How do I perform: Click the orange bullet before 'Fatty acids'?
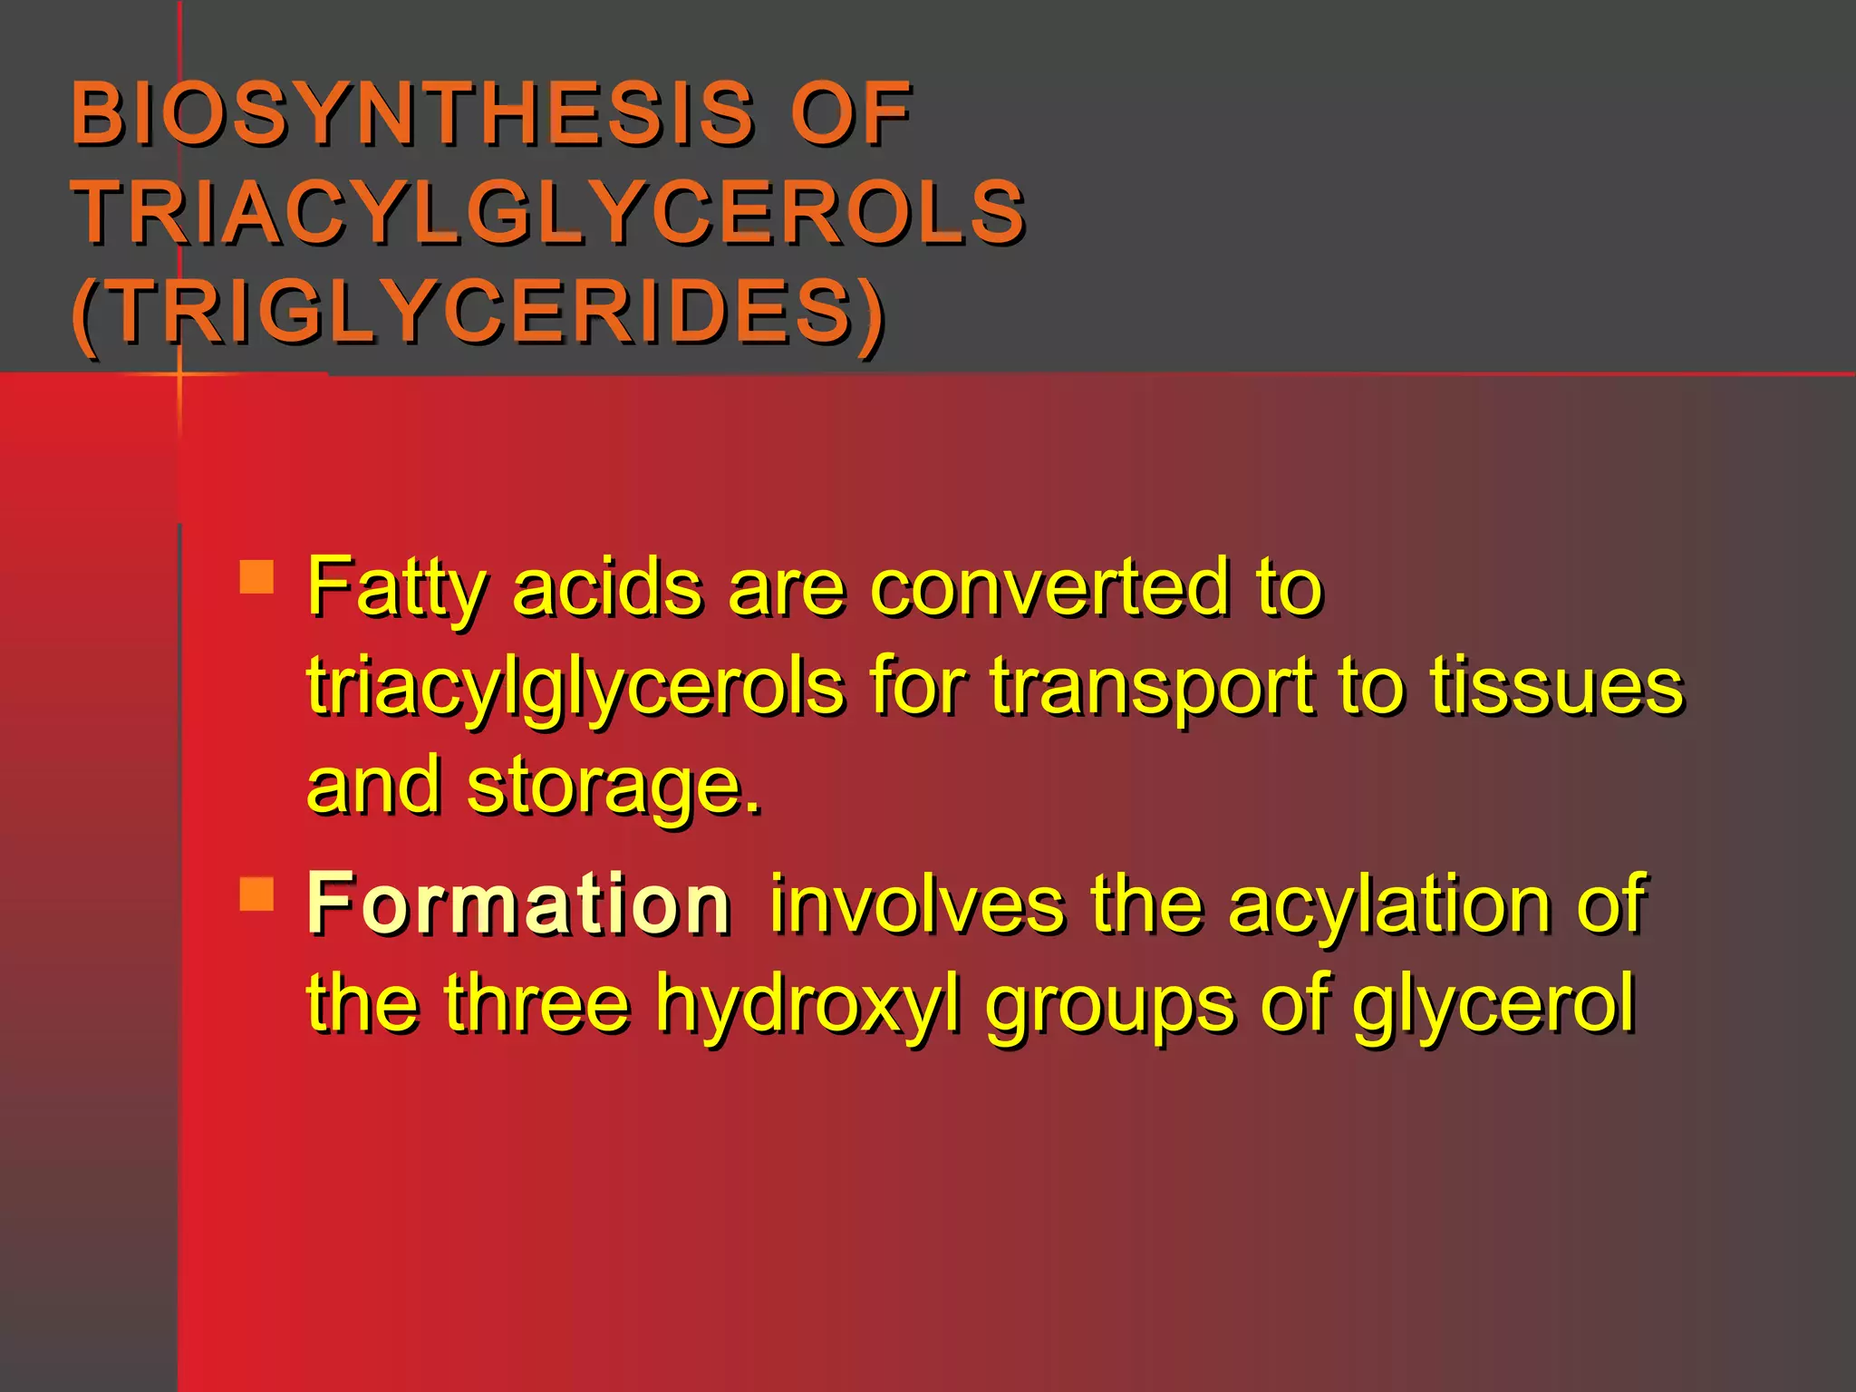point(257,576)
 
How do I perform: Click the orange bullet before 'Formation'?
point(257,894)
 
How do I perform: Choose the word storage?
point(614,787)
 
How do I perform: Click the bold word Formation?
point(518,904)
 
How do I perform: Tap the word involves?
point(916,904)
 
